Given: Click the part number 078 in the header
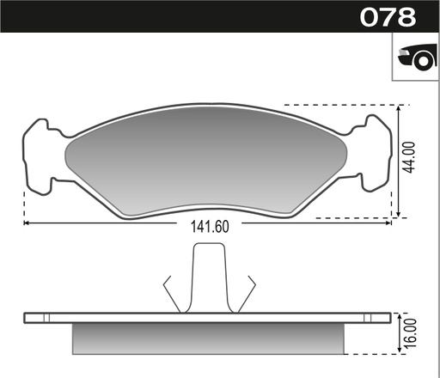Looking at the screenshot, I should tap(388, 16).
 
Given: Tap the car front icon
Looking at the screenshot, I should tap(415, 58).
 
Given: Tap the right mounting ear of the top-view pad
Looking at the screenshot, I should tap(376, 153).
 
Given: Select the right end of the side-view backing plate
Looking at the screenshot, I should tap(386, 317).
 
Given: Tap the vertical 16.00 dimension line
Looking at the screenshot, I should tap(400, 335).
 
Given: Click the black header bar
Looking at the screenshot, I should tap(172, 16).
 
